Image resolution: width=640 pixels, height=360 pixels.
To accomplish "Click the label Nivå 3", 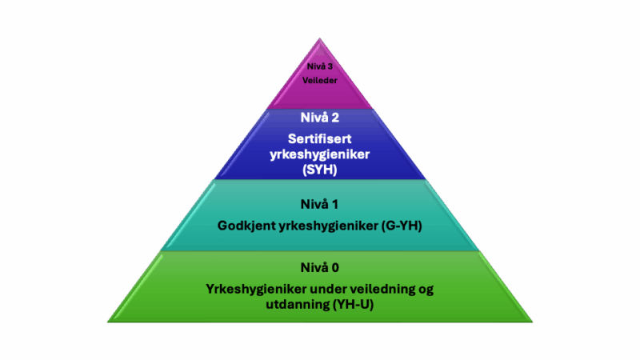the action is [319, 66].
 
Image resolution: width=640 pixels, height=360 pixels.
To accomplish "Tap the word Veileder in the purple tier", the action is [319, 81].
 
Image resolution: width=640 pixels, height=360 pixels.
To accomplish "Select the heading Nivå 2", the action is [319, 118].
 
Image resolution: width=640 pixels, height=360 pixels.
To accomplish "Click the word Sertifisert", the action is [319, 138].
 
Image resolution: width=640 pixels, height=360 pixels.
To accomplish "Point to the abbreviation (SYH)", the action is [319, 170].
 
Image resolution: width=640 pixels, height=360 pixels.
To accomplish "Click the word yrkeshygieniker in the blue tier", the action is [319, 154].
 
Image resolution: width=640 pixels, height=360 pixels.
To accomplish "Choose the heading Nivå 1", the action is [319, 204].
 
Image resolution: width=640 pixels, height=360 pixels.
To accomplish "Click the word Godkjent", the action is [246, 226].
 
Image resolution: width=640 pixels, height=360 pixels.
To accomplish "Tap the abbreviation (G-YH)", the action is [402, 226].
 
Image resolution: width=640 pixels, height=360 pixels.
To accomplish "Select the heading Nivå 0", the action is [319, 267].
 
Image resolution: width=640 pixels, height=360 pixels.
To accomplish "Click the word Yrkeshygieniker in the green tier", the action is [256, 289].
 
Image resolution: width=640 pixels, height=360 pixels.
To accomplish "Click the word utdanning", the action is [298, 305].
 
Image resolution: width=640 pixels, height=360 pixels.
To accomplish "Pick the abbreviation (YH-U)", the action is [353, 305].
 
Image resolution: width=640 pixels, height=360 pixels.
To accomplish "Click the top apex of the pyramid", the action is [319, 38].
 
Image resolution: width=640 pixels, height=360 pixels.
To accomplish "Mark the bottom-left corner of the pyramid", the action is [107, 322].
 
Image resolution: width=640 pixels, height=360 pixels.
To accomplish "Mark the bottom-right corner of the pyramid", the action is [533, 322].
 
